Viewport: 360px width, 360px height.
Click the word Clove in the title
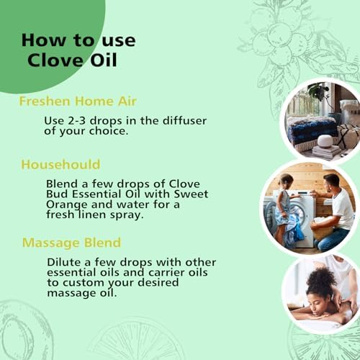point(55,60)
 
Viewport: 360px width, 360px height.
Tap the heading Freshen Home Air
point(78,101)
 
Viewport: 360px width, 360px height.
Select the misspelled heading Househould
point(60,165)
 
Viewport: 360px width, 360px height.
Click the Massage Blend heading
point(72,243)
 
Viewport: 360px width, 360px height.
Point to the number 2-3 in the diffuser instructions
point(77,120)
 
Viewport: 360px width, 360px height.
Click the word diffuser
point(184,120)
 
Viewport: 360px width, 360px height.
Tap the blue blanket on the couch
point(312,131)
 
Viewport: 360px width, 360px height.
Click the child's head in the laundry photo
point(287,181)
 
